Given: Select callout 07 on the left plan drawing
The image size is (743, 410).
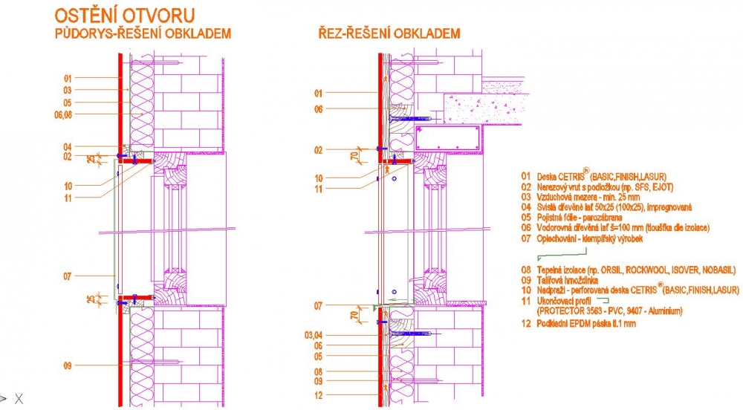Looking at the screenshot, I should tap(67, 276).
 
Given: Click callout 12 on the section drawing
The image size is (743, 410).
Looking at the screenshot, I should tap(318, 396).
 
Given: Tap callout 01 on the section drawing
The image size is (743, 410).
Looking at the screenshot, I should tap(318, 93).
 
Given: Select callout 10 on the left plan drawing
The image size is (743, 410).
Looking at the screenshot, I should tap(67, 186).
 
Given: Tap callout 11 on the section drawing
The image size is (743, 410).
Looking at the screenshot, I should tap(318, 189).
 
